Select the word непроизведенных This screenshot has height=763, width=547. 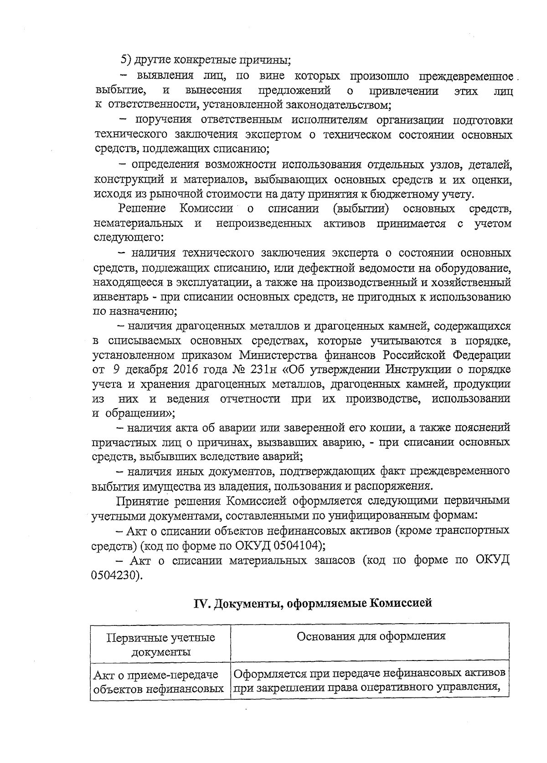point(264,223)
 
